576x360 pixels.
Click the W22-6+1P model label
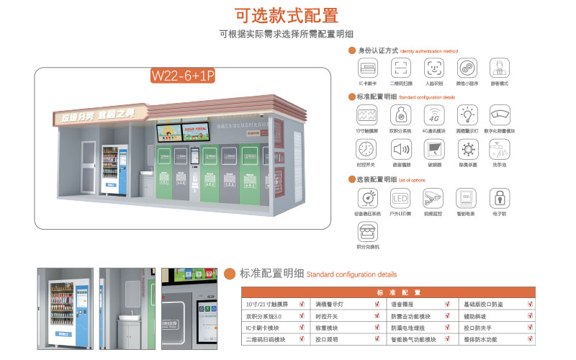click(182, 76)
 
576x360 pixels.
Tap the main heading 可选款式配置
click(287, 15)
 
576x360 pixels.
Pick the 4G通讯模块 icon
click(434, 114)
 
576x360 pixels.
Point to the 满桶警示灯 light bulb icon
click(467, 114)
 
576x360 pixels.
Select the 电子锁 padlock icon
click(500, 197)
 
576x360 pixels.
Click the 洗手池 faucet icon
click(500, 150)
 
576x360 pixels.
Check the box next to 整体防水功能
click(530, 338)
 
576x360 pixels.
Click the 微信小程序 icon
click(467, 68)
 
